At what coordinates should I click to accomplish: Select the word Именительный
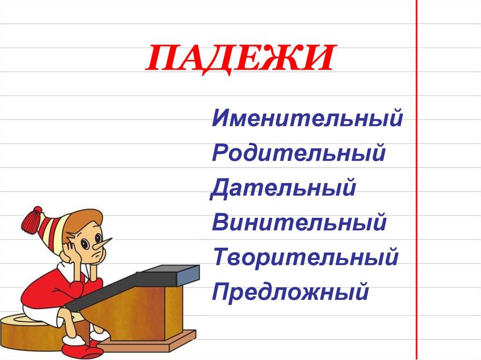click(x=307, y=118)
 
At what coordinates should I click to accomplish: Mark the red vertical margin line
click(x=417, y=188)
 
